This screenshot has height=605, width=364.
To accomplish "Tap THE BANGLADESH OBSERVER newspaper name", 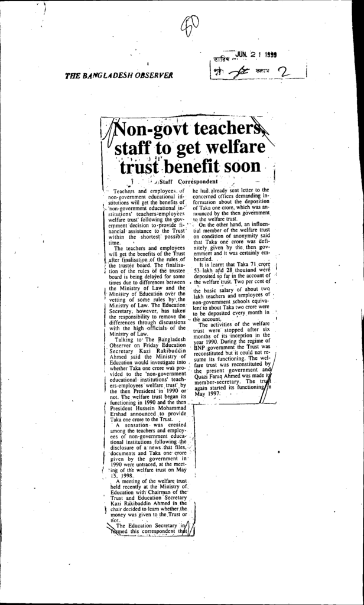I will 119,76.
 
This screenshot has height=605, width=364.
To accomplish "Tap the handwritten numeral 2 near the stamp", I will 285,73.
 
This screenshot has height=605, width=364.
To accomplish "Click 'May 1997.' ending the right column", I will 206,393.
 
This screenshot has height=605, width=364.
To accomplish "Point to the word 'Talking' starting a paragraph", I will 125,340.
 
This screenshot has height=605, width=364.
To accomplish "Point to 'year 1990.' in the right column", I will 207,341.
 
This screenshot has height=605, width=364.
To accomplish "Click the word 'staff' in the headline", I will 136,147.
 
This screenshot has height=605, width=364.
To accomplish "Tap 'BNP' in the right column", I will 201,348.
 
